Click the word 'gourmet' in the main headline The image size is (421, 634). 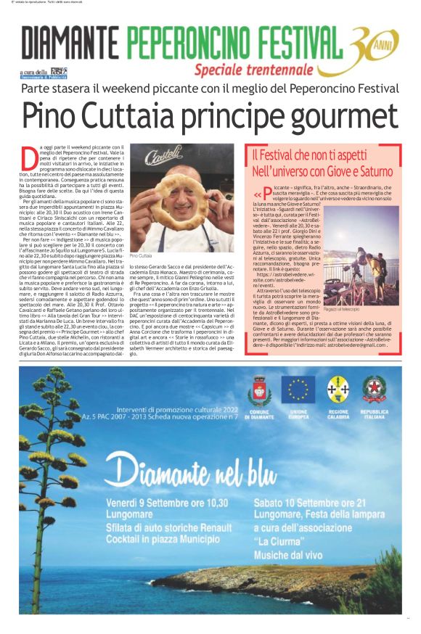(339, 115)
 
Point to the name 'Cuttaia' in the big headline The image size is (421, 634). (137, 115)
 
